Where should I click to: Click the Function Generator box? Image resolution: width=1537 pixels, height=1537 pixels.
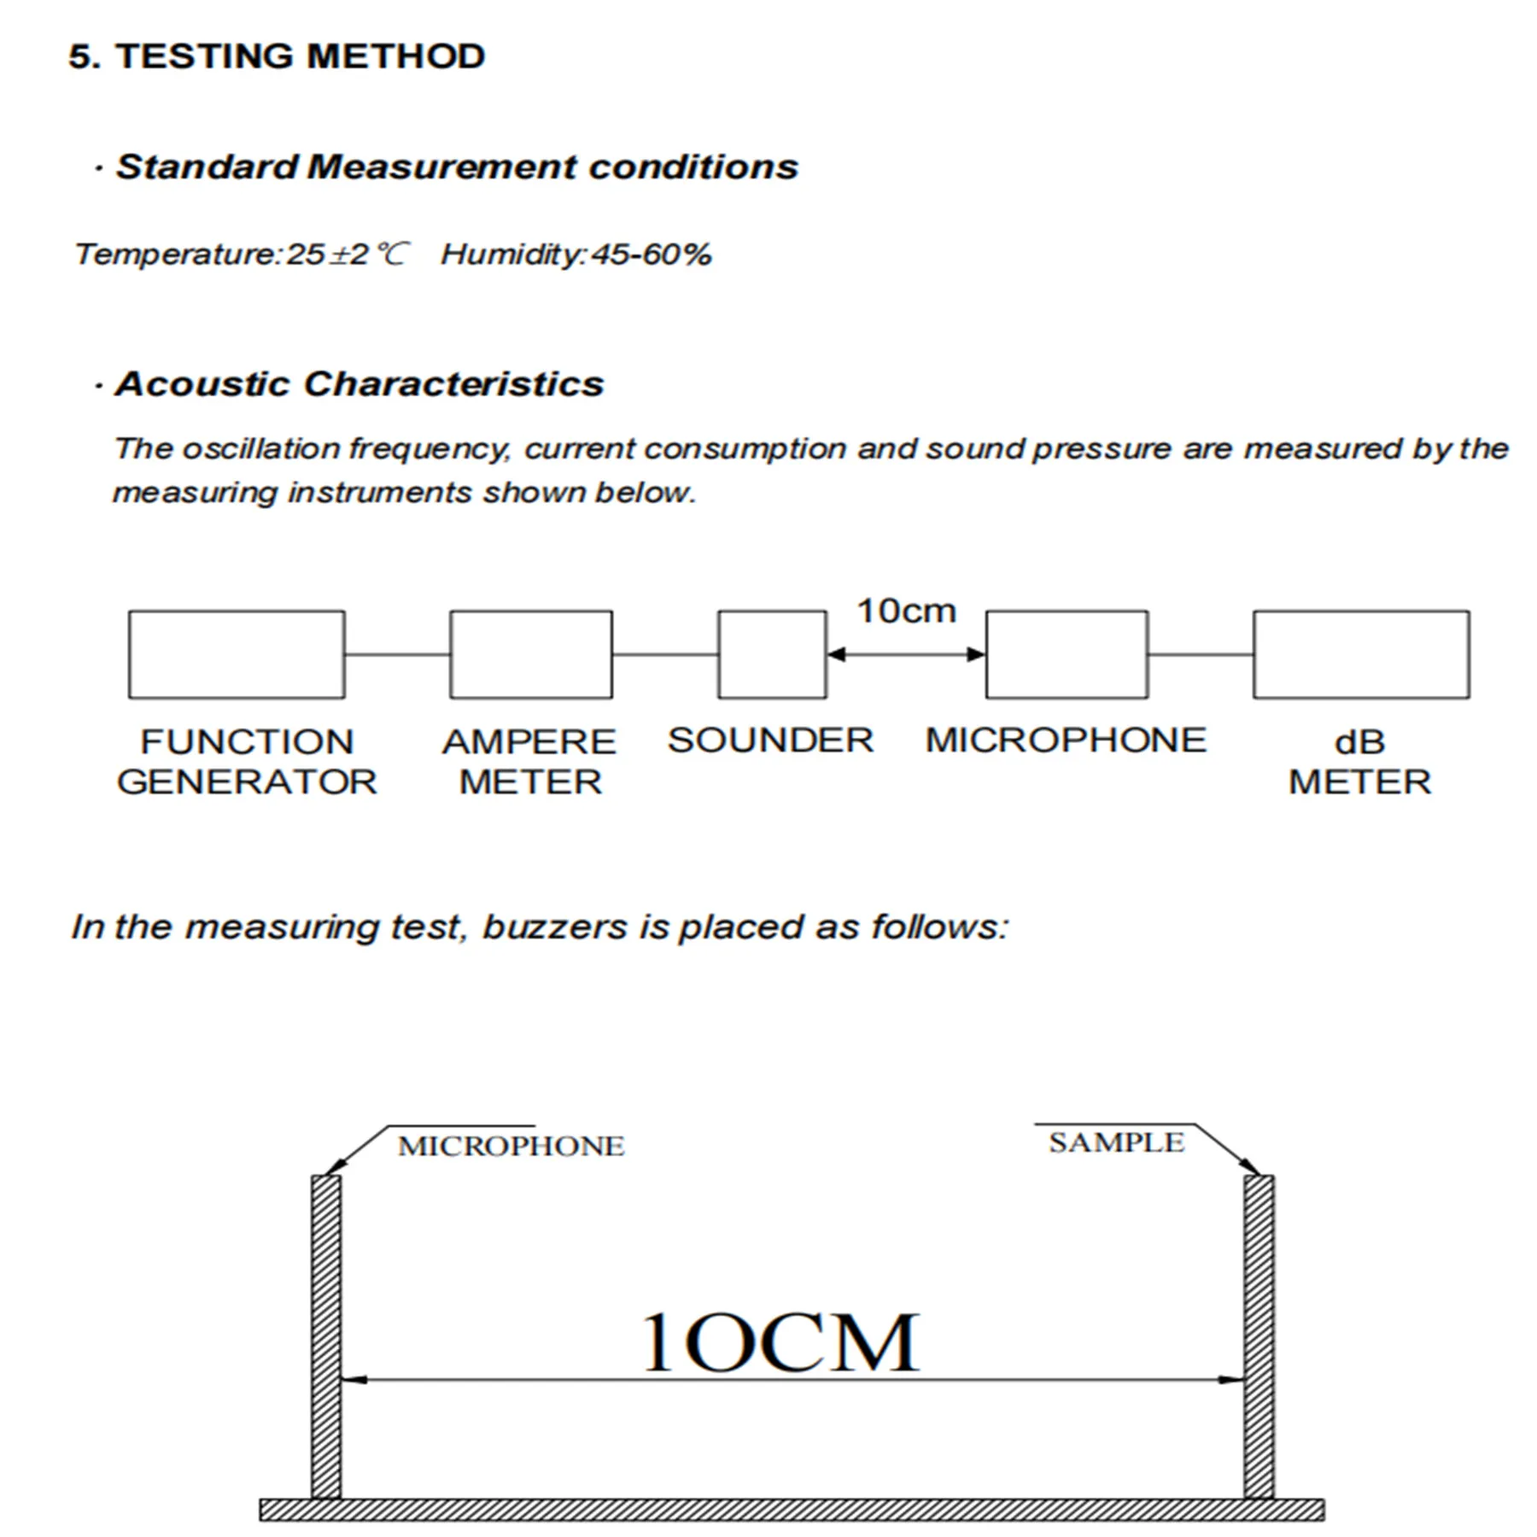237,654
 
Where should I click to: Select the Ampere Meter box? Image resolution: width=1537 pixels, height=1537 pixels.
530,654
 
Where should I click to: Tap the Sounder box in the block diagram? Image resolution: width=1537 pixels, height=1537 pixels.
772,654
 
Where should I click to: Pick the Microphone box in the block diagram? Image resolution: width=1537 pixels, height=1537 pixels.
1067,654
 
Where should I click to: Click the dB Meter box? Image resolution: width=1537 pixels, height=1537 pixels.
1361,654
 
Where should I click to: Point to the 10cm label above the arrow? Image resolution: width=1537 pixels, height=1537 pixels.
906,611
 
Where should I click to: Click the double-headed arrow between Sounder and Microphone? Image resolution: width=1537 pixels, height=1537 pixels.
906,655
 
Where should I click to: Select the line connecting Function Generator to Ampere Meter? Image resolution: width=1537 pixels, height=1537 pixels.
397,655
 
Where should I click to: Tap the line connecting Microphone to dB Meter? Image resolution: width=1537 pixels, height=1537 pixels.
1201,655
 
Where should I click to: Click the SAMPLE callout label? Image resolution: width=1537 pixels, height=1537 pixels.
1116,1143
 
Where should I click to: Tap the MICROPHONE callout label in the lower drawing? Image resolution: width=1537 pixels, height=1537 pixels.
511,1146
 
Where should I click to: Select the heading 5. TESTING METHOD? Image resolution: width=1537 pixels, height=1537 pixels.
277,56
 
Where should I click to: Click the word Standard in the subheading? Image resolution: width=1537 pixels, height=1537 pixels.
207,167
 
